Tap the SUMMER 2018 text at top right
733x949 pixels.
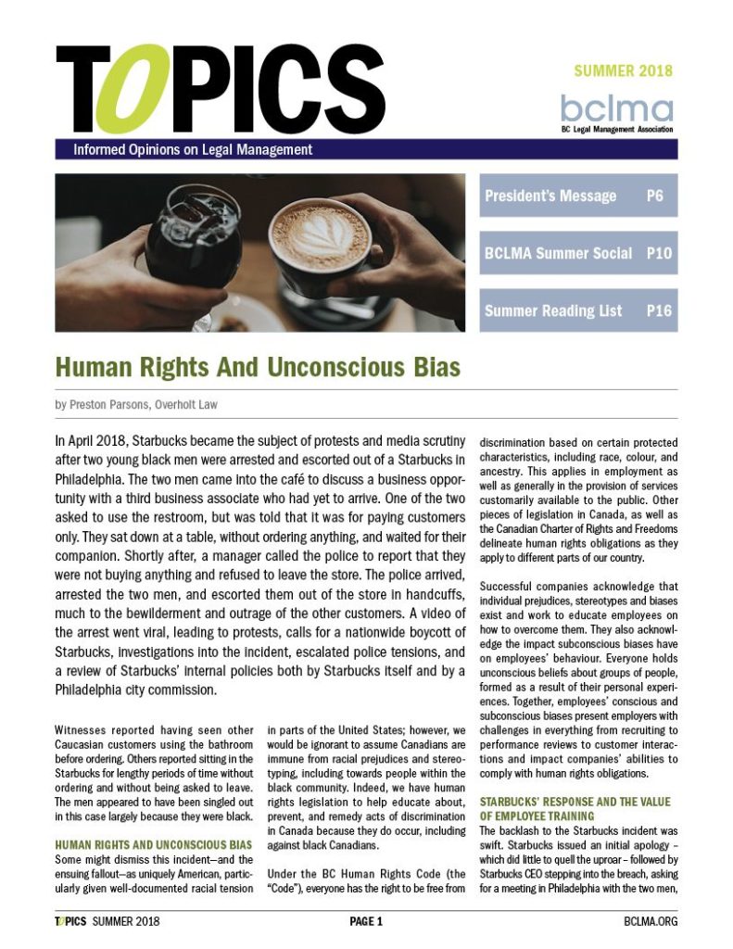[622, 70]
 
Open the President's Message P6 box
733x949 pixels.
[578, 196]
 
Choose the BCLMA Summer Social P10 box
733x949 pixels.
[578, 253]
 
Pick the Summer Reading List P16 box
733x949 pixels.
[578, 310]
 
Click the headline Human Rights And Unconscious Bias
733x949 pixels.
[259, 367]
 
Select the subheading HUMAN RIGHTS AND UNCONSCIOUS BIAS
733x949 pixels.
[153, 844]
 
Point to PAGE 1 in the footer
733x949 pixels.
[366, 921]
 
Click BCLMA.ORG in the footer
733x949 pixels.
[650, 921]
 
